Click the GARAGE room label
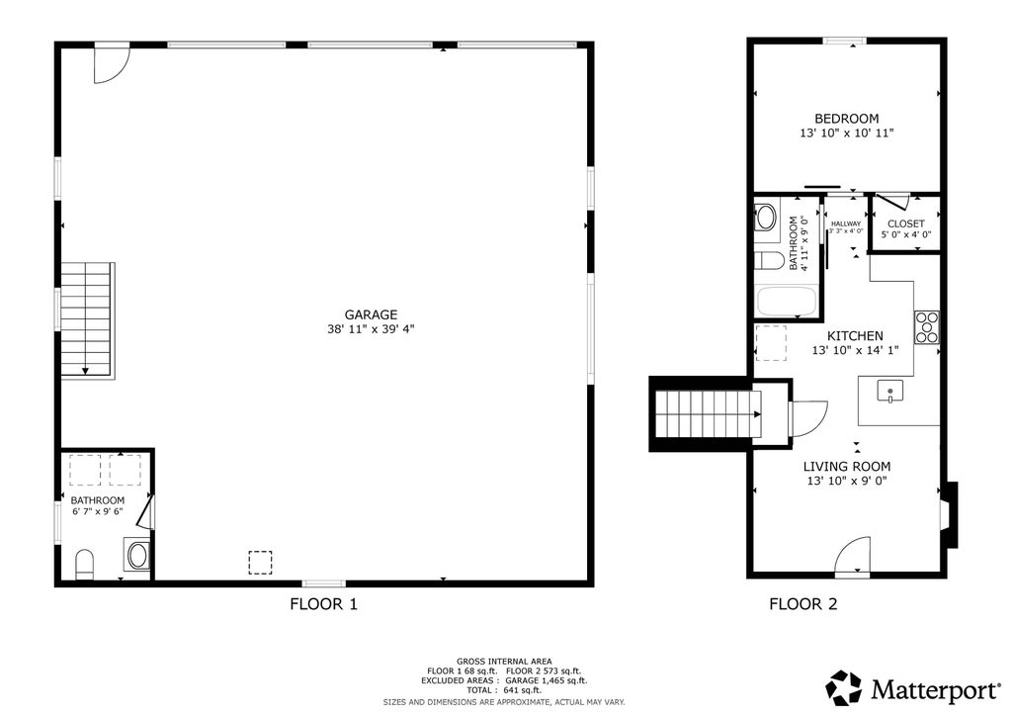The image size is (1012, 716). coord(371,314)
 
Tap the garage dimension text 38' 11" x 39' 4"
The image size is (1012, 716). coord(371,329)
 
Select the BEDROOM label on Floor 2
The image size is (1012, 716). coord(846,119)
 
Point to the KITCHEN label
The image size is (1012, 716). coord(855,335)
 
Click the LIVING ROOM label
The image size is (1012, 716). coord(847,466)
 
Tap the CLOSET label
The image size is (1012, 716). coord(905,224)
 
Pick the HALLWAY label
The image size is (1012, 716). coord(846,224)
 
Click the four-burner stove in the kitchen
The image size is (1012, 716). coord(927,327)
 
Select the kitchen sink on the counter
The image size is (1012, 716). coord(890,392)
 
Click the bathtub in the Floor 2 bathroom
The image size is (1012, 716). coord(786,302)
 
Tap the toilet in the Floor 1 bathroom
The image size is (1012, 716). coord(85,565)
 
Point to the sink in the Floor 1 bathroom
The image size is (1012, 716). coord(136,555)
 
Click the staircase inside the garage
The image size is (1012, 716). coord(88,320)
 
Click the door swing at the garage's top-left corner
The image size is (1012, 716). coord(112,64)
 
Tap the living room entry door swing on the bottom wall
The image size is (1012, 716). coord(852,556)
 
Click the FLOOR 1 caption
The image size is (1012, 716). coord(323,604)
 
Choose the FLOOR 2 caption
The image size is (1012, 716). coord(802,604)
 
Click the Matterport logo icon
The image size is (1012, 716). coord(844,688)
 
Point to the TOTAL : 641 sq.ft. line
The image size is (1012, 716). coord(504,690)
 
